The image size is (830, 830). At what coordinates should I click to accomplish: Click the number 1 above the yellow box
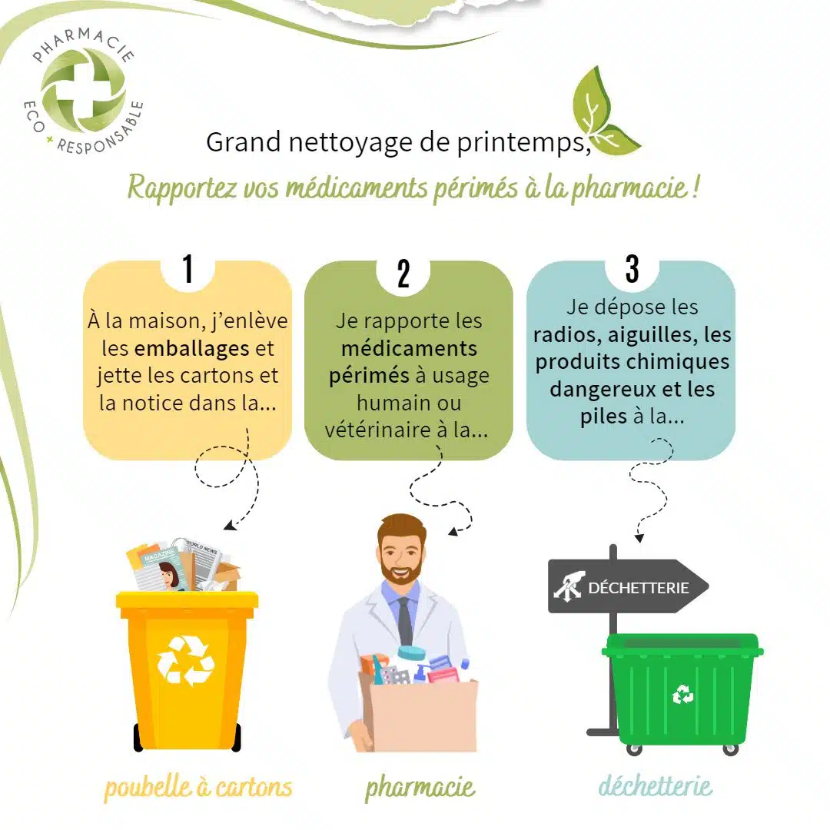click(188, 268)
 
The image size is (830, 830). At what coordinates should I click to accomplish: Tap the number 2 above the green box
click(403, 274)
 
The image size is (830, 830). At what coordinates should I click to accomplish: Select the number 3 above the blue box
click(632, 268)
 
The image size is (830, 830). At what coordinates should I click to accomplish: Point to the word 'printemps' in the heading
click(523, 142)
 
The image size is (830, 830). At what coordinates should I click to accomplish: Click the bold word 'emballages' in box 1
click(191, 348)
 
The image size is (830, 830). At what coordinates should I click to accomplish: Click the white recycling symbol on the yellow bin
click(185, 660)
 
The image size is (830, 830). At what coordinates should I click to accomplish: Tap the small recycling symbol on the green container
click(682, 694)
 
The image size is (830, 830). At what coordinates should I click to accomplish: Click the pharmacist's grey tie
click(405, 621)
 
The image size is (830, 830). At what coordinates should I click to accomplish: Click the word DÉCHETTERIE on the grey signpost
click(639, 588)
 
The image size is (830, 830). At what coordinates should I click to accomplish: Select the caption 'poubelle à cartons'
click(198, 787)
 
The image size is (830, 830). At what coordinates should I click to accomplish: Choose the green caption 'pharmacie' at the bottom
click(420, 787)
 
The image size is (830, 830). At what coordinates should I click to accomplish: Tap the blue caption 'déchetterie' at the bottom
click(656, 785)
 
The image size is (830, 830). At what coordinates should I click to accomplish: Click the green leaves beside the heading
click(603, 113)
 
